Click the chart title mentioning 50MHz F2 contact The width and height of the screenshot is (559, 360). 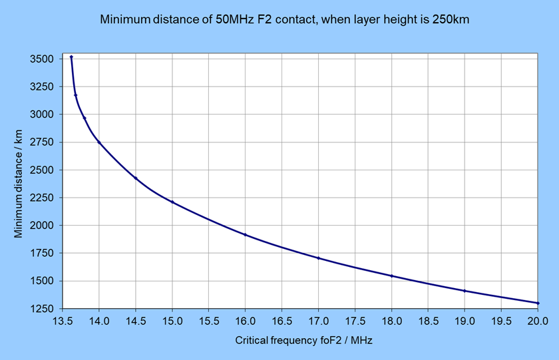point(284,19)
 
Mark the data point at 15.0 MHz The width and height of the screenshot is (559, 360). point(172,202)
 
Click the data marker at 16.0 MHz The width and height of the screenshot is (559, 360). point(246,235)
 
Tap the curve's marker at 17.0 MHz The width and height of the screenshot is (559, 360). point(318,258)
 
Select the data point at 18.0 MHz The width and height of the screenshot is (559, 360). point(391,276)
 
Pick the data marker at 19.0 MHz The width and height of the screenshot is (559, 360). point(465,291)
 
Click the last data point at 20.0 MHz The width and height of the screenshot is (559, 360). point(537,303)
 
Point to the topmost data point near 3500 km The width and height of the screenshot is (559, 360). point(71,57)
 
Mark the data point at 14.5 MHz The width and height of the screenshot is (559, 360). point(136,178)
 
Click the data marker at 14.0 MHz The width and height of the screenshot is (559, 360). point(99,142)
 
